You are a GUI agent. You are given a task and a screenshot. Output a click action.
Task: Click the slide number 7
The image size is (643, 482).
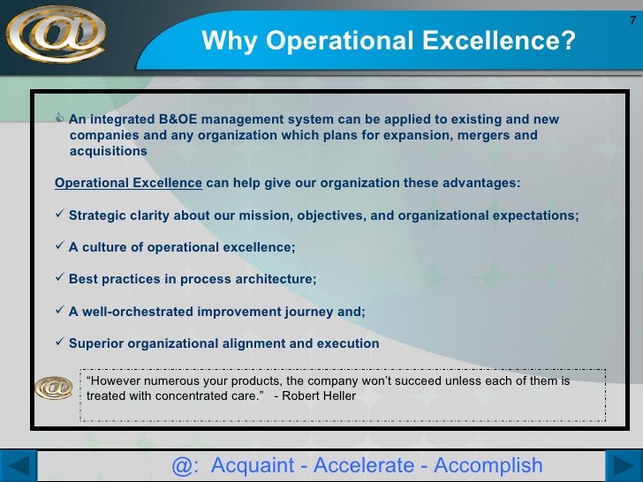point(632,20)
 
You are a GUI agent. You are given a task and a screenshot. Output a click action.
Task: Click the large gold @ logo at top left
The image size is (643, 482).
point(55,34)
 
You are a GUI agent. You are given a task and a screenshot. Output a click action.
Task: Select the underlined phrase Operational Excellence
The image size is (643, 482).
point(128,184)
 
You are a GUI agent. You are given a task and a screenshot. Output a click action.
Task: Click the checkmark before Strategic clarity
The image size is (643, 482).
point(60,215)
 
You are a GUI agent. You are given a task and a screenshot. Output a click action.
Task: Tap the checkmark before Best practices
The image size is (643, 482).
point(60,279)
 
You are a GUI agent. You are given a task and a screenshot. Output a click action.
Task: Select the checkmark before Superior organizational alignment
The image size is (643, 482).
point(60,343)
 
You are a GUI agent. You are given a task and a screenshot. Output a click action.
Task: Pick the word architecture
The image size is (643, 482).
point(275,280)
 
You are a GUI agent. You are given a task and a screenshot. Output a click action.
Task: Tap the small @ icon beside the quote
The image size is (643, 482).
point(54,388)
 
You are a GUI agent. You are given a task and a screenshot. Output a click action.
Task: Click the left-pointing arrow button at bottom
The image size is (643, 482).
point(25,466)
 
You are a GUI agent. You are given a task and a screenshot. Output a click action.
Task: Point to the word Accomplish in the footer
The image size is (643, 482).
point(488,465)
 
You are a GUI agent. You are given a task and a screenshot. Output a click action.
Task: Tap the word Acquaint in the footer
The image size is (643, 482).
point(253,465)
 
